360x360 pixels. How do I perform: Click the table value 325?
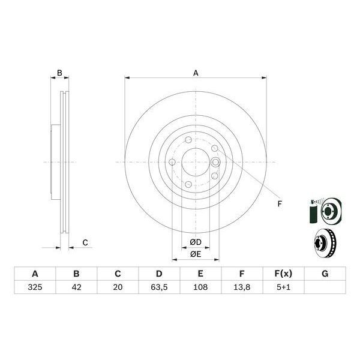click(35, 287)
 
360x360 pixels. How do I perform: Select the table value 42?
click(76, 287)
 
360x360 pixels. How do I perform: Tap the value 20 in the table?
click(118, 287)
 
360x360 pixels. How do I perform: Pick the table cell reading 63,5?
click(159, 287)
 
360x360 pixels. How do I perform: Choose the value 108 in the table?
click(200, 287)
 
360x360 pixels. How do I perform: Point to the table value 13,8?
click(242, 287)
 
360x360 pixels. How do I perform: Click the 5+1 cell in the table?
click(283, 287)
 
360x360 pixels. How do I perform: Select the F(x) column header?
click(283, 274)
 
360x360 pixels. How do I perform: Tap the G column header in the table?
click(325, 274)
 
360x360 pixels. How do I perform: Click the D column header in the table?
click(159, 274)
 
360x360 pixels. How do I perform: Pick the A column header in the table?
click(35, 274)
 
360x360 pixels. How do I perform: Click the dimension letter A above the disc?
click(196, 73)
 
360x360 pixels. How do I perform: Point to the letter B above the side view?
click(59, 73)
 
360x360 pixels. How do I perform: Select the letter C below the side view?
click(85, 242)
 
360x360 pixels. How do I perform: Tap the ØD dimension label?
click(195, 242)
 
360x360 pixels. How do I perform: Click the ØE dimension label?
click(195, 254)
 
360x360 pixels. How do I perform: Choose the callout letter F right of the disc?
click(279, 204)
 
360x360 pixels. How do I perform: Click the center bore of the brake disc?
click(195, 162)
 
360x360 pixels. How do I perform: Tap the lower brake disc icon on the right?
click(325, 243)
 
